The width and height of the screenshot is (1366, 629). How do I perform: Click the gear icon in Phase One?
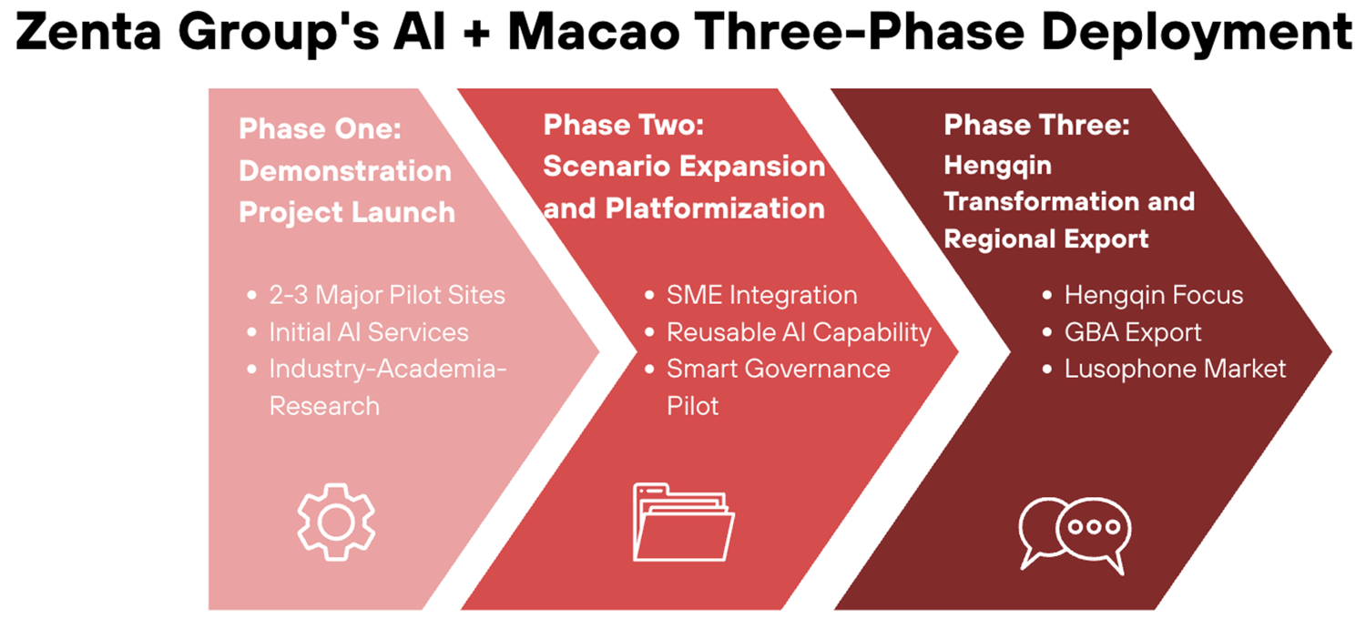tap(337, 522)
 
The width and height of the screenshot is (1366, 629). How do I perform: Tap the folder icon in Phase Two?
tap(683, 522)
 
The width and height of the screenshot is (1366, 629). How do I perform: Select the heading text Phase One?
tap(321, 128)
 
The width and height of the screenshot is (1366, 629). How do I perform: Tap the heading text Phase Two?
tap(624, 125)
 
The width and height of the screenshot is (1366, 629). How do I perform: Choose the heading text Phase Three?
tap(1036, 125)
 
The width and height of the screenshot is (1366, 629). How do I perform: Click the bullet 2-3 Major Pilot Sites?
tap(387, 295)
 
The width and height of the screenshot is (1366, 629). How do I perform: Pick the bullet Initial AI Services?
tap(369, 332)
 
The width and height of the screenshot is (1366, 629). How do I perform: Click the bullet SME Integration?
tap(761, 295)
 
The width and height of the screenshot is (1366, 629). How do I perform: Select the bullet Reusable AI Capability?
tap(799, 332)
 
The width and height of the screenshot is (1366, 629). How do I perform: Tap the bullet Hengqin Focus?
tap(1154, 295)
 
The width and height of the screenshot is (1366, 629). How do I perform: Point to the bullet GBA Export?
tap(1133, 332)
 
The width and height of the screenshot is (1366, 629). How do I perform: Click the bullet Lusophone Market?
tap(1175, 369)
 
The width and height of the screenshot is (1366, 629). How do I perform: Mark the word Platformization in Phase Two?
tap(715, 209)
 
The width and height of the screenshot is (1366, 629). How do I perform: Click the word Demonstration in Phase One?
tap(345, 170)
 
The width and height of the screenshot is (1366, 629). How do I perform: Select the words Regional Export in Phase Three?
tap(1046, 238)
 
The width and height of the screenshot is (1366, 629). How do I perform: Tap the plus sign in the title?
tap(476, 33)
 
